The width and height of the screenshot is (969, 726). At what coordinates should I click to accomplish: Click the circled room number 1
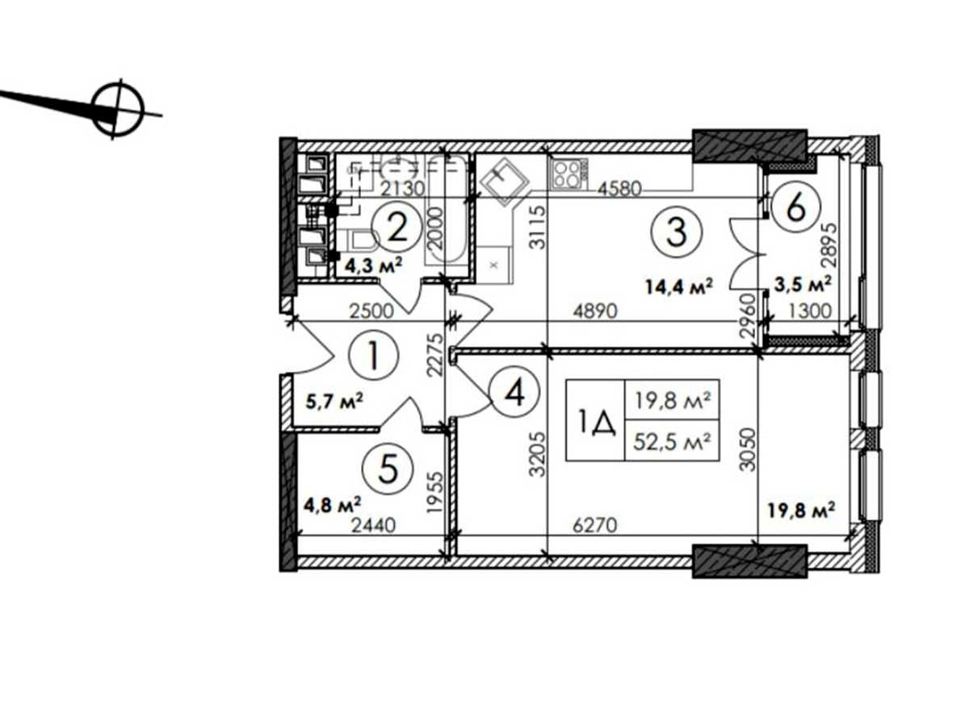click(373, 355)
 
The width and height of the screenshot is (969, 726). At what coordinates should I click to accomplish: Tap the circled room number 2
click(396, 229)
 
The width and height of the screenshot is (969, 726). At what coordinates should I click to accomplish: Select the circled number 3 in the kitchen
click(676, 232)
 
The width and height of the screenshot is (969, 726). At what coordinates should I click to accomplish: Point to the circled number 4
click(514, 392)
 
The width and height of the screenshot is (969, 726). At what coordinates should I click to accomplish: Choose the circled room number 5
click(387, 468)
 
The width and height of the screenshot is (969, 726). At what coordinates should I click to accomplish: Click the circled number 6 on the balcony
click(795, 208)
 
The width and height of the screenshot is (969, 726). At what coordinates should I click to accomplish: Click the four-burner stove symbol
click(569, 174)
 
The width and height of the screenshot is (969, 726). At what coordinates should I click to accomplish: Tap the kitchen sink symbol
click(504, 183)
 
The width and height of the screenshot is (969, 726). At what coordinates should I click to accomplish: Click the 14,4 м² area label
click(679, 286)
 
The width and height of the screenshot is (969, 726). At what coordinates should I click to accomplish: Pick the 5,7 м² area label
click(333, 401)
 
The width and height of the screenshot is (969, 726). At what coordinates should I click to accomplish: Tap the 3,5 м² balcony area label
click(803, 283)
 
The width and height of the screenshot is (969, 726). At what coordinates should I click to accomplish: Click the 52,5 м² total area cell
click(672, 440)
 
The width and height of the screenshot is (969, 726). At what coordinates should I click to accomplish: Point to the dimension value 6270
click(595, 525)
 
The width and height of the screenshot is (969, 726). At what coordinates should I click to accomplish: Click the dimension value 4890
click(595, 311)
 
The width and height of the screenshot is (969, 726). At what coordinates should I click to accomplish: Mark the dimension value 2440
click(374, 525)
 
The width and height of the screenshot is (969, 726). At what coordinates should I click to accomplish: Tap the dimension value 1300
click(810, 311)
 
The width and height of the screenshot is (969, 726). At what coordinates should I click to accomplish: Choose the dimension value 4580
click(619, 189)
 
